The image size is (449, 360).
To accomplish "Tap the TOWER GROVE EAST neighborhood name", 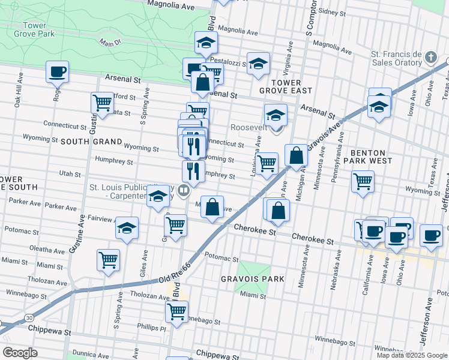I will point(286,86).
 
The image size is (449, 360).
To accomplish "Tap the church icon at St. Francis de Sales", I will point(430,58).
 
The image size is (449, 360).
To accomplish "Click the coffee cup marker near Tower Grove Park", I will point(58,73).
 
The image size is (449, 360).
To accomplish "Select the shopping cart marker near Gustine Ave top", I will point(103,103).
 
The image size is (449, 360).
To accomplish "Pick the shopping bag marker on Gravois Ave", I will point(296,156).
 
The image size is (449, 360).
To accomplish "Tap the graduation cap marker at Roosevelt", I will point(276,115).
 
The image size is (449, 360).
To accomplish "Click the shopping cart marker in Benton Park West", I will point(363,181).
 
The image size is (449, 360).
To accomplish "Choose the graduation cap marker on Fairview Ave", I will point(127,229).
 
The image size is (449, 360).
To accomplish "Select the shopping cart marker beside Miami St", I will point(108,260).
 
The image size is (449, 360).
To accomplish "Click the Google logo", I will point(20,353).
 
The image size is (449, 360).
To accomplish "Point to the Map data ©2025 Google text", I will point(411,355).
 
